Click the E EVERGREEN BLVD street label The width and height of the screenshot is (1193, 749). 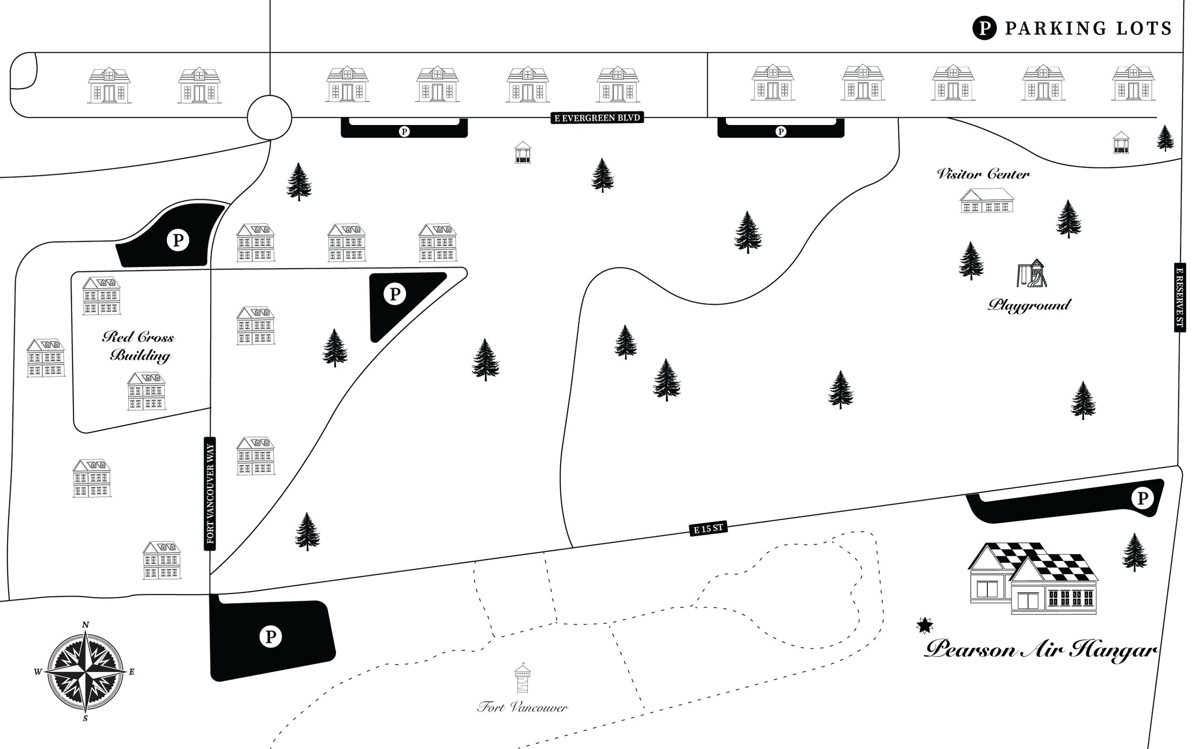point(597,118)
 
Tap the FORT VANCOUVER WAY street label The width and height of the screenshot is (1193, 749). point(210,493)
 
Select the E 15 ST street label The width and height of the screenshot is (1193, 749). point(709,529)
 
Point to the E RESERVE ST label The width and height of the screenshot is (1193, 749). point(1180,298)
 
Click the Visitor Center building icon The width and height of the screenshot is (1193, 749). point(986,201)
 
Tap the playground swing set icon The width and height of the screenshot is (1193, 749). point(1032,273)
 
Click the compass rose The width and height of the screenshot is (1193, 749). point(86,672)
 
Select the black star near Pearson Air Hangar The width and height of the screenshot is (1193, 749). point(924,625)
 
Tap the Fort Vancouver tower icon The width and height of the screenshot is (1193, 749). point(522,678)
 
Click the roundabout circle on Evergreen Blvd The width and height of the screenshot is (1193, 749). point(270,118)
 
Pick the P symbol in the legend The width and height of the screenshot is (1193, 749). point(984,28)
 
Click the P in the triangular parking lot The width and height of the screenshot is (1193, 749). point(395,294)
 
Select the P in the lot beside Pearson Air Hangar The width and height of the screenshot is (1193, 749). point(1142,498)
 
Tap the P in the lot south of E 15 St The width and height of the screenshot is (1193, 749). point(271,636)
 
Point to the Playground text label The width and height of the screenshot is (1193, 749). point(1029,305)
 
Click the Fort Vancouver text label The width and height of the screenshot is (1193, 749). point(522,707)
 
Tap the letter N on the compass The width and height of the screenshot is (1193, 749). point(85,625)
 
